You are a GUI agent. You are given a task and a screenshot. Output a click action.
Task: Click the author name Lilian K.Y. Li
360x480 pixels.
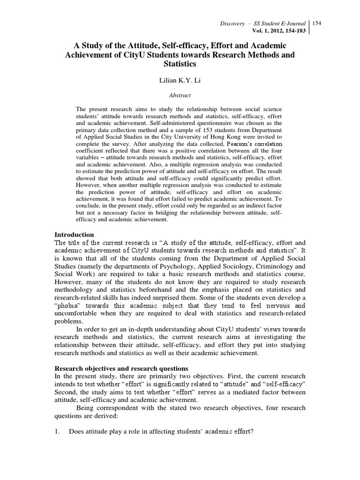[x=180, y=81]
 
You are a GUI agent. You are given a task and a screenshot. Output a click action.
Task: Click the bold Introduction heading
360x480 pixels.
[x=75, y=234]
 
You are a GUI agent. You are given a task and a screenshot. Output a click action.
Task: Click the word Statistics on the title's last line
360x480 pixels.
[x=180, y=63]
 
